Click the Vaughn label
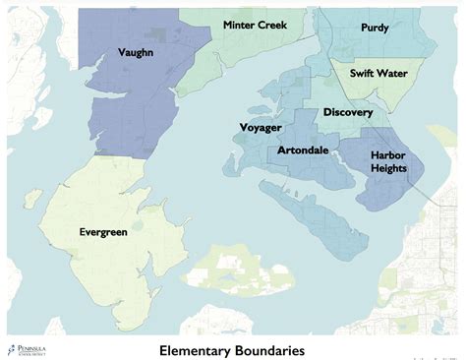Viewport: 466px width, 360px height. (135, 51)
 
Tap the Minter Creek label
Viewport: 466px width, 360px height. (255, 25)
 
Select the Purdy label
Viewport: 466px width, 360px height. (374, 29)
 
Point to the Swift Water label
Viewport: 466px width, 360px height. (379, 73)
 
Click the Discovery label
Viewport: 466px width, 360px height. (347, 112)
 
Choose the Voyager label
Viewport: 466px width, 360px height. (261, 128)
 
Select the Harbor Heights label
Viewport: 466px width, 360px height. (387, 162)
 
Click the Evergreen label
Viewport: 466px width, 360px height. (106, 232)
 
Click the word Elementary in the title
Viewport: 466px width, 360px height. (200, 349)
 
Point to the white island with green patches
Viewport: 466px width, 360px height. (232, 267)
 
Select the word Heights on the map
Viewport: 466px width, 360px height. (387, 169)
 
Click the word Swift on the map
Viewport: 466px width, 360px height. (364, 73)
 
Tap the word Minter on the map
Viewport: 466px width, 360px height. (238, 25)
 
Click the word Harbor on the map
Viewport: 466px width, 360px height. (387, 155)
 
